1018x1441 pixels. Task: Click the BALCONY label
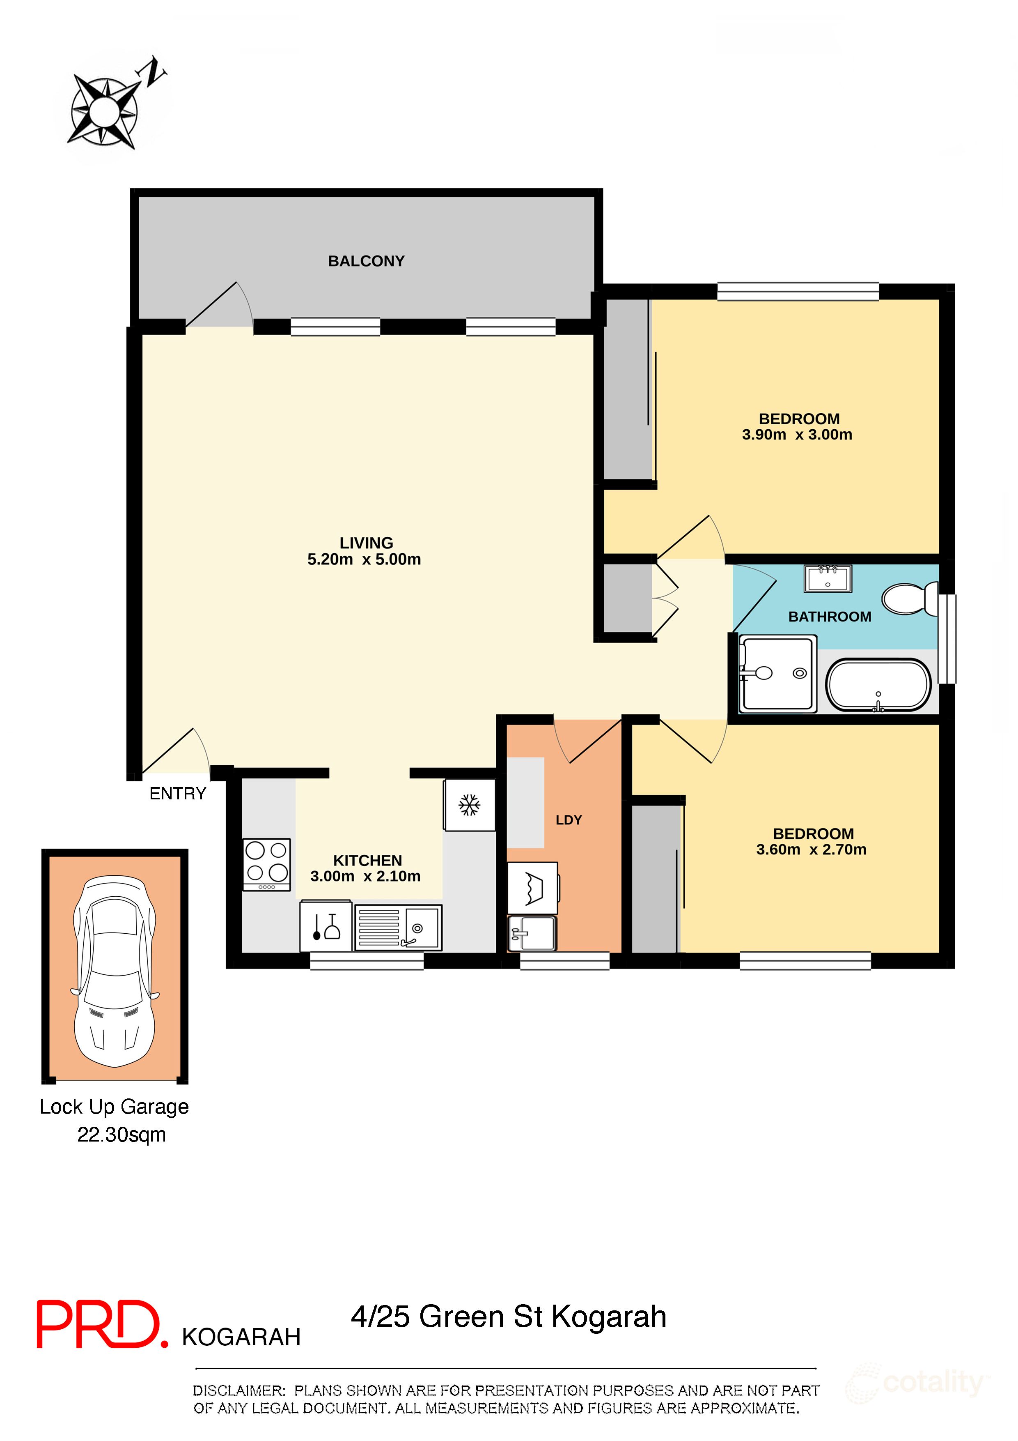(366, 261)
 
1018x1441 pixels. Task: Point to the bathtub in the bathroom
(878, 685)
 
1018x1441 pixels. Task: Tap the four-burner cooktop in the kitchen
(266, 863)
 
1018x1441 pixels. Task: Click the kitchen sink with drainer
(398, 927)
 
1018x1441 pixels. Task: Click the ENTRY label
(177, 794)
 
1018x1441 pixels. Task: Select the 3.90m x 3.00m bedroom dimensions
(797, 434)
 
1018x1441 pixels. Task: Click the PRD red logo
(100, 1323)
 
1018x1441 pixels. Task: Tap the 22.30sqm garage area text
(121, 1135)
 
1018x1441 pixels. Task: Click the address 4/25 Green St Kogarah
(508, 1316)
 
